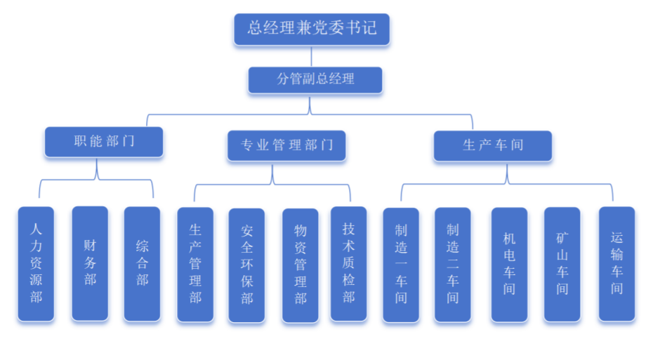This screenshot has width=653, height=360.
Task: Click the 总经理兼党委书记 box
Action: [312, 29]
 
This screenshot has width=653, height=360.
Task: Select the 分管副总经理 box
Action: [315, 79]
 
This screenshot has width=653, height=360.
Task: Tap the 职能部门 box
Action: [104, 142]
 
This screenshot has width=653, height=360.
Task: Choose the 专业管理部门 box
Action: [286, 145]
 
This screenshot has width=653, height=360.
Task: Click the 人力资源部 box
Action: [36, 263]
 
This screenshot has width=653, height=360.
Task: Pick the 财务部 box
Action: [90, 262]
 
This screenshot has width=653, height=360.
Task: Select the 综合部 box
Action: [143, 262]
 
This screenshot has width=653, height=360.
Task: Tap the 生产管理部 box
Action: [195, 264]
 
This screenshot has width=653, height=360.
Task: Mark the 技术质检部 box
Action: [349, 262]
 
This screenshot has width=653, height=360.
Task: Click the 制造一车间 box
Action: [401, 264]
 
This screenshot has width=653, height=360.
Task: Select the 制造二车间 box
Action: [453, 264]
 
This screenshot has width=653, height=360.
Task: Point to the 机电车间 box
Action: [509, 264]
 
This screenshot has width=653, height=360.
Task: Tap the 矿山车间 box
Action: [562, 264]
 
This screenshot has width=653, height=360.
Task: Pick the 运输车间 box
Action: [616, 262]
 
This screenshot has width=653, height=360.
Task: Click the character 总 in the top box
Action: [256, 29]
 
